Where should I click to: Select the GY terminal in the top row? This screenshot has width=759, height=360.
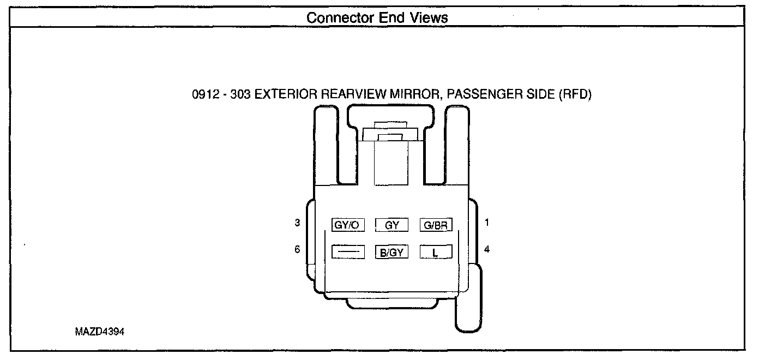tap(391, 225)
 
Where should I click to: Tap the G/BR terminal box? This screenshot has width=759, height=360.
tap(436, 225)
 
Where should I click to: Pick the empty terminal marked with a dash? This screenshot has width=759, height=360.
tap(348, 252)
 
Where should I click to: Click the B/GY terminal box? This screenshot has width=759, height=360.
tap(391, 252)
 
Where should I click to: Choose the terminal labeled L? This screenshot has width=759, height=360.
tap(436, 252)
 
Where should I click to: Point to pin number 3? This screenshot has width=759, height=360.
tap(297, 223)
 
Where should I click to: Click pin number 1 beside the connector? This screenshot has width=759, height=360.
tap(487, 223)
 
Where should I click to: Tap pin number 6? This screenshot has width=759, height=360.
tap(297, 249)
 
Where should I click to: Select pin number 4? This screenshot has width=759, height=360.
tap(487, 249)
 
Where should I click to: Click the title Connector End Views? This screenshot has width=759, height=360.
tap(377, 17)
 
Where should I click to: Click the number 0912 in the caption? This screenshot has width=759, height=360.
tap(204, 94)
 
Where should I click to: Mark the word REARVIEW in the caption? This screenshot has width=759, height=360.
tap(353, 94)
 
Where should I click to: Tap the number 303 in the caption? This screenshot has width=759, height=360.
tap(240, 94)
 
